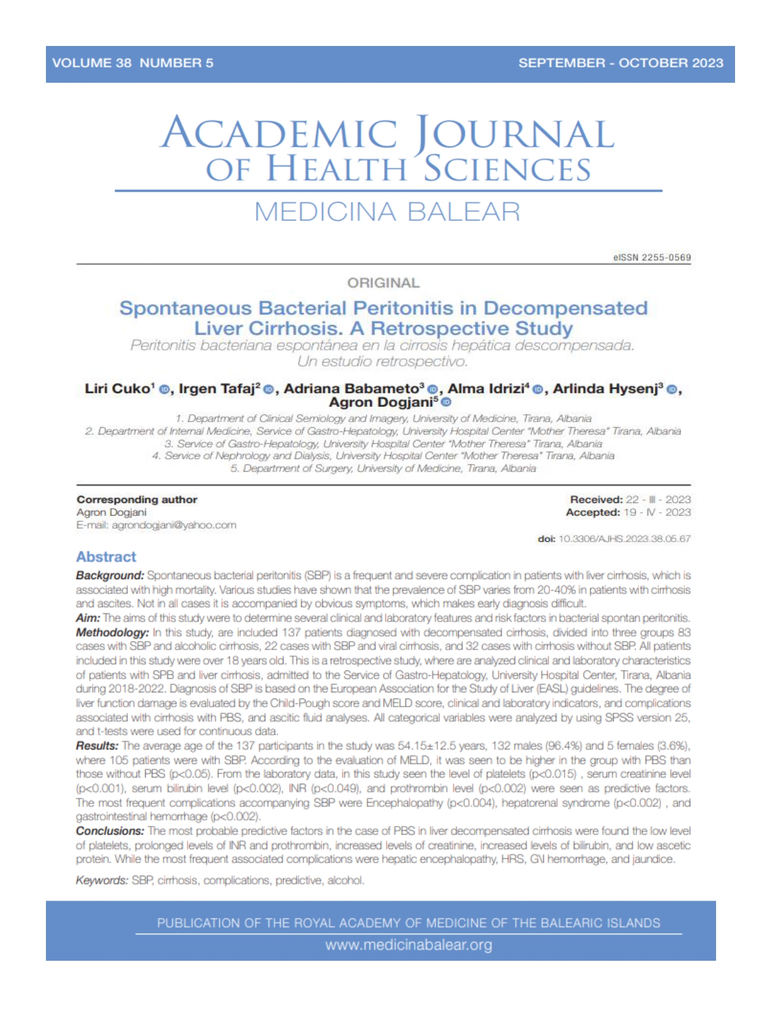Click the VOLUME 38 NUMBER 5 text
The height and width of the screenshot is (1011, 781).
click(x=133, y=63)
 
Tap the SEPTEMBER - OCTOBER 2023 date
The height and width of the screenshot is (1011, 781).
click(x=621, y=63)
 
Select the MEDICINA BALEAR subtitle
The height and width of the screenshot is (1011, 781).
click(x=387, y=212)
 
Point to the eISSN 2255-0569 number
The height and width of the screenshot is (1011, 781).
click(x=652, y=258)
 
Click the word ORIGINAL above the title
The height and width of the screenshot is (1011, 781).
click(x=383, y=283)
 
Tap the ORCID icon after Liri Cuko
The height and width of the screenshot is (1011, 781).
click(x=164, y=390)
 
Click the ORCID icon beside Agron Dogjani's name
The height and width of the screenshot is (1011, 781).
click(x=447, y=403)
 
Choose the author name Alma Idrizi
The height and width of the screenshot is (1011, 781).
click(x=486, y=388)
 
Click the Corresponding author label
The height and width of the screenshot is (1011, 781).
click(x=137, y=499)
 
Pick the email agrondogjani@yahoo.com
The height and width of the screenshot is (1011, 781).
click(x=174, y=525)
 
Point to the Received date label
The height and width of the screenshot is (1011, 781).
click(x=596, y=499)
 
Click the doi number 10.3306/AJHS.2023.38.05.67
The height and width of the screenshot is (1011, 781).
click(x=624, y=539)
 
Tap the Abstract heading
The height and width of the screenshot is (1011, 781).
click(x=106, y=557)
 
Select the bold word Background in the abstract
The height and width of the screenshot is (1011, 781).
click(x=110, y=576)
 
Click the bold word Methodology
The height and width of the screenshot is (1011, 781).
click(x=112, y=632)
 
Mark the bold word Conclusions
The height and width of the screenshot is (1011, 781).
click(x=110, y=831)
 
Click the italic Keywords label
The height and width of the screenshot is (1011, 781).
click(x=102, y=880)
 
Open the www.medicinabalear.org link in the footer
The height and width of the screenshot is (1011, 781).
click(x=409, y=945)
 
